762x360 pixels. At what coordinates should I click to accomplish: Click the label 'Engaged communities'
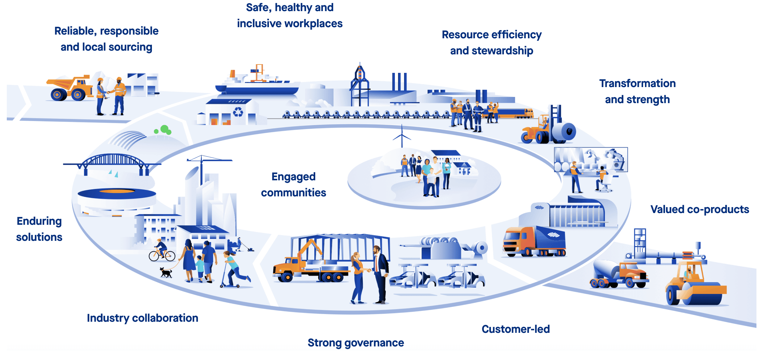293,185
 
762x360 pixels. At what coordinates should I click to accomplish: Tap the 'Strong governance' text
356,343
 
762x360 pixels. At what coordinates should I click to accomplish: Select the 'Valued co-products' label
700,209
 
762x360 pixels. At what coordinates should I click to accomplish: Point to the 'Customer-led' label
516,329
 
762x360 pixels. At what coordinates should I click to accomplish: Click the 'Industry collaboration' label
142,318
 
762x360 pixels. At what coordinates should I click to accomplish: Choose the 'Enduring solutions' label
39,229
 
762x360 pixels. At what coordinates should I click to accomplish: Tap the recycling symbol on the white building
238,112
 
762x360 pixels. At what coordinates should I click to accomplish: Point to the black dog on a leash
166,273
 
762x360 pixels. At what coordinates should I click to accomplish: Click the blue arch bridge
113,162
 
